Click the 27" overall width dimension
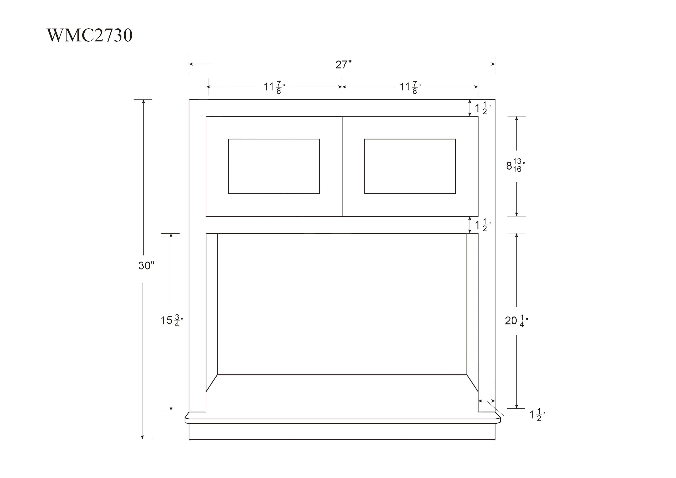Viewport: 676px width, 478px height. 343,65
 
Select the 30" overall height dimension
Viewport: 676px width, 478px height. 146,266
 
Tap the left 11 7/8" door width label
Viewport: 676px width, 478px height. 274,87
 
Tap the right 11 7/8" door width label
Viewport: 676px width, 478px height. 410,87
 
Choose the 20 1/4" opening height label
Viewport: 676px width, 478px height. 516,321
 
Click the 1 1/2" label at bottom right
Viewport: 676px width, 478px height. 537,415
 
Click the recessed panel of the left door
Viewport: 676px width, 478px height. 274,166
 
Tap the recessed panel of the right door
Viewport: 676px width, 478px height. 410,166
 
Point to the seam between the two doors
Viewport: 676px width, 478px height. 342,166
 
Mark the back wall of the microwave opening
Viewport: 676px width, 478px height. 342,303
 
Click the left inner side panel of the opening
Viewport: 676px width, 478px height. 211,309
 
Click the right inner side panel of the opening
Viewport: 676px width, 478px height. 472,309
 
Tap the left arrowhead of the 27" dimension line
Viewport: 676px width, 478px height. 191,64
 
